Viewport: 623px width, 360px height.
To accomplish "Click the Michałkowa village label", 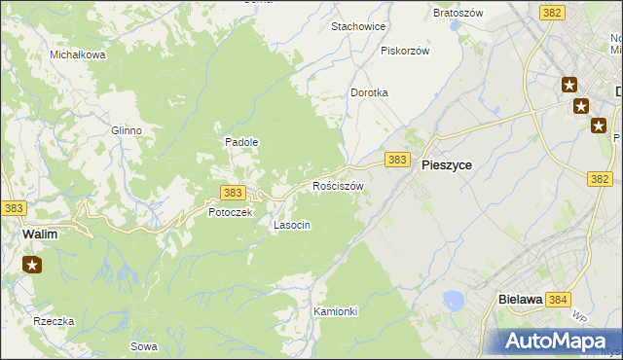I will [78, 54].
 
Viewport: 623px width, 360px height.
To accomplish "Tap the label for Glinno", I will [127, 130].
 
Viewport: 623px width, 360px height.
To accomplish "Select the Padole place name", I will [241, 142].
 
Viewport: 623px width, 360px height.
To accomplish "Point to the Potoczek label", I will [230, 212].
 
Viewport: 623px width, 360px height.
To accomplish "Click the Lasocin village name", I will [292, 225].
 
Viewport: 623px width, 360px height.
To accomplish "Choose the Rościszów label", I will [338, 186].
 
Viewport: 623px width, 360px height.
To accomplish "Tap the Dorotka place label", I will [370, 92].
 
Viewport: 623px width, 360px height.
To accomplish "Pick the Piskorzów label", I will [405, 51].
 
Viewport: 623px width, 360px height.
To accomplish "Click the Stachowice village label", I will [359, 26].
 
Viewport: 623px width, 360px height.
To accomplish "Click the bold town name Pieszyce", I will [447, 165].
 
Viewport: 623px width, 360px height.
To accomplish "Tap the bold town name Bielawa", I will [519, 300].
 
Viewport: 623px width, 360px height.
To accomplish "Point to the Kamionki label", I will [336, 311].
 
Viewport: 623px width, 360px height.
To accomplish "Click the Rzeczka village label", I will [54, 321].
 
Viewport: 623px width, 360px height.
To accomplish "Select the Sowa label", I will [143, 346].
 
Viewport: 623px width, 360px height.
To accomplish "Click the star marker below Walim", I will [32, 264].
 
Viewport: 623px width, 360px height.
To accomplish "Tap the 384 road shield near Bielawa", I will [558, 300].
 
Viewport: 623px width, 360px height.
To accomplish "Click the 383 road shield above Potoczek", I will [232, 193].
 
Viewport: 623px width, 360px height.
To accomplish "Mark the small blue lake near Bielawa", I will [453, 301].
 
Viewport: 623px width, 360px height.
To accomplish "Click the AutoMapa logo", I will [556, 341].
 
